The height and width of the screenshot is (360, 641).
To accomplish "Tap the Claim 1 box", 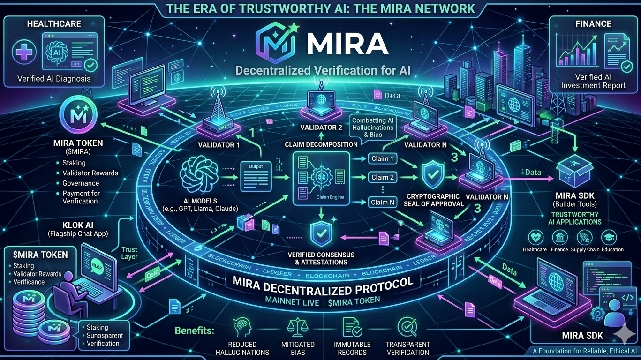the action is pos(383,158).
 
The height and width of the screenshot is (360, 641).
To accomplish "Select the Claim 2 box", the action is pos(383,177).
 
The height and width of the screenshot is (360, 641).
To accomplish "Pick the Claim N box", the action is pos(383,202).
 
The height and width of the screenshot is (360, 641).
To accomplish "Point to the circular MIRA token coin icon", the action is pos(78,115).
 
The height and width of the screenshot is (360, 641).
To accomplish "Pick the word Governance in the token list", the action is pos(81,183).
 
